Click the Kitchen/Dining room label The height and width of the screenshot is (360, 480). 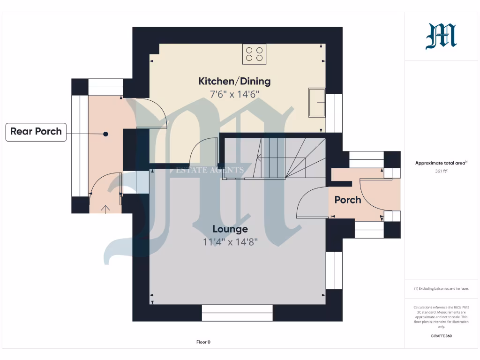234,81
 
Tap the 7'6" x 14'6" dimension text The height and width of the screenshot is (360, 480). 234,94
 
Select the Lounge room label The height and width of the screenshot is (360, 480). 230,229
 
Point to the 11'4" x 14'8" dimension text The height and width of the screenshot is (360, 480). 230,242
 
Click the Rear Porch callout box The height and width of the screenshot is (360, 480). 36,132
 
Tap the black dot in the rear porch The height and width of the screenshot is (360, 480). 106,134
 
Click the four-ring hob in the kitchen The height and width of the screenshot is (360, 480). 255,54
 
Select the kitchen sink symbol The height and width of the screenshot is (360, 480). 316,102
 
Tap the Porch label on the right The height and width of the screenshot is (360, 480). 347,200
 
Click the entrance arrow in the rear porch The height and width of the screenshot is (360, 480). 105,209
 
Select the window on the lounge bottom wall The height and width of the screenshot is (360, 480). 237,313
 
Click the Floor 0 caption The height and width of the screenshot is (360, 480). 203,342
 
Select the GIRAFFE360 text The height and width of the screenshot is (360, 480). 441,336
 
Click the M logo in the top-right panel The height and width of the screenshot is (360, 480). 441,37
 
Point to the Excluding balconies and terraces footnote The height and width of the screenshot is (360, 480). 441,289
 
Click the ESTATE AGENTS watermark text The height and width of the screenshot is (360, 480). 210,170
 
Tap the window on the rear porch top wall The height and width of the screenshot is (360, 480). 105,87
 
